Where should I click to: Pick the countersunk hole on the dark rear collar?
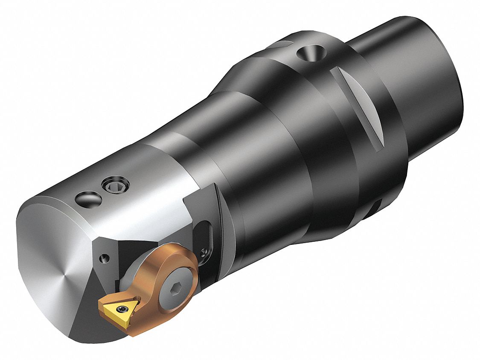coord(310,55)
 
